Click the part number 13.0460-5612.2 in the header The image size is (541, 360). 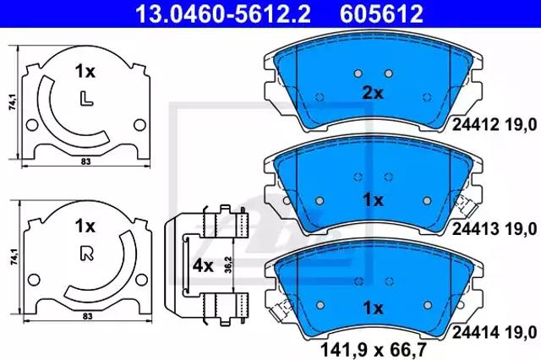click(x=223, y=14)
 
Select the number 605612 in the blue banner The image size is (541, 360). click(x=382, y=14)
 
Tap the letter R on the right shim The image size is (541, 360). click(x=87, y=254)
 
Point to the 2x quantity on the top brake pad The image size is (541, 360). click(x=373, y=93)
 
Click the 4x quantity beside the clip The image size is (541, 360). click(x=203, y=265)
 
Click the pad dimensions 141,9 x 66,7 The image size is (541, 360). click(x=374, y=350)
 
